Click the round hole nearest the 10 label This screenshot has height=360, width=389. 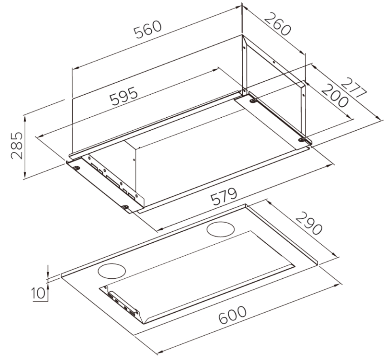(x=112, y=270)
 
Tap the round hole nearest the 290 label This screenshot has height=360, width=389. (x=221, y=230)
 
